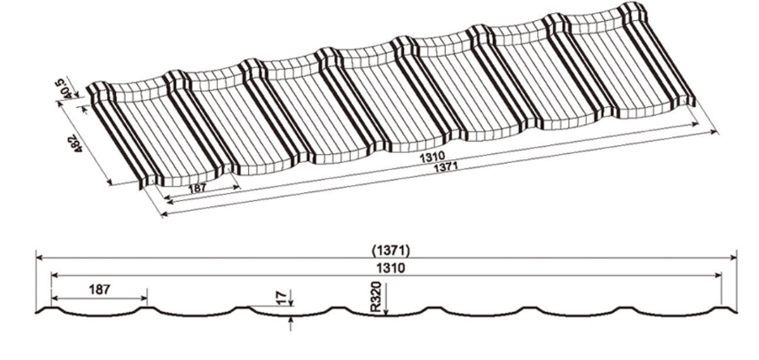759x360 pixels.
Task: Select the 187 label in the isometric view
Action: (x=195, y=190)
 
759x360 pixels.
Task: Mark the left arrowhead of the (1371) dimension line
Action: (x=38, y=258)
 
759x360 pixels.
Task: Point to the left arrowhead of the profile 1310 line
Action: (x=54, y=276)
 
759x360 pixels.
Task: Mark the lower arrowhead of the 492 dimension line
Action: (x=110, y=183)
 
